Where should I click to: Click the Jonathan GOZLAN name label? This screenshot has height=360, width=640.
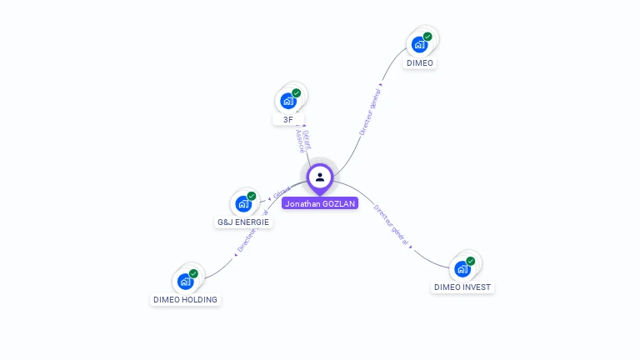320,203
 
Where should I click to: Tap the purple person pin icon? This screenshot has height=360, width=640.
320,177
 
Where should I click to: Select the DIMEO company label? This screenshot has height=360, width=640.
420,63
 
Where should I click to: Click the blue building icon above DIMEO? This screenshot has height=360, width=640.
419,44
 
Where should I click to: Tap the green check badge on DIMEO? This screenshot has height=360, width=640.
427,37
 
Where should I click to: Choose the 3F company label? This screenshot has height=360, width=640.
287,119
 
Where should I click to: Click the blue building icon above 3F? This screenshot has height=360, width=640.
288,101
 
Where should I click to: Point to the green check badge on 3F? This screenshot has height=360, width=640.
297,93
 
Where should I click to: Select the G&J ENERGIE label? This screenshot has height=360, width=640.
243,222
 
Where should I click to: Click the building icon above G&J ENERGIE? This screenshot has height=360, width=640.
243,203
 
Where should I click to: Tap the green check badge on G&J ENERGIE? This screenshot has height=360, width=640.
252,196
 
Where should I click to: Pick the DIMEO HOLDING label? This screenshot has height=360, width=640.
185,299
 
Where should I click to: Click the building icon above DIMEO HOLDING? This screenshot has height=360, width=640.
185,281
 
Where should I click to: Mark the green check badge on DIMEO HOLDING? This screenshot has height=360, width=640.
193,273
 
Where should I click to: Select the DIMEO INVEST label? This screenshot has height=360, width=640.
462,287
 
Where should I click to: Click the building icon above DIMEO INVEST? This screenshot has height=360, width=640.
462,268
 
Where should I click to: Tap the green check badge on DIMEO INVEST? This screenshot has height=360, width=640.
471,261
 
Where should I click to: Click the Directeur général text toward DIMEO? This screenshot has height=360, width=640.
369,112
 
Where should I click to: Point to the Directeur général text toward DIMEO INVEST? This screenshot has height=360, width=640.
391,224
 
